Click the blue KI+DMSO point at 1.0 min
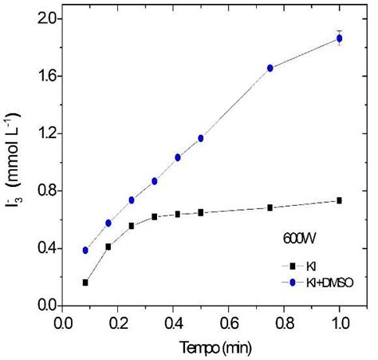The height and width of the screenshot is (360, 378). click(x=340, y=38)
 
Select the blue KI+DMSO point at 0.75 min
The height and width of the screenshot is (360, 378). click(x=270, y=68)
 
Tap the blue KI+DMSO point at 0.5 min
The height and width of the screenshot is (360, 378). click(x=201, y=138)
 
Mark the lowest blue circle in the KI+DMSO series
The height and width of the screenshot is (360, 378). click(x=85, y=250)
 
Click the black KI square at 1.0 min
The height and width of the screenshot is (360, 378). click(x=340, y=200)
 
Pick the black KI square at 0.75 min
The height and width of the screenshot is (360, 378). click(x=270, y=208)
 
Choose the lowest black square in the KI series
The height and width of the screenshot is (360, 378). click(x=85, y=283)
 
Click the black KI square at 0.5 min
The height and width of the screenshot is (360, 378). click(x=201, y=212)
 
